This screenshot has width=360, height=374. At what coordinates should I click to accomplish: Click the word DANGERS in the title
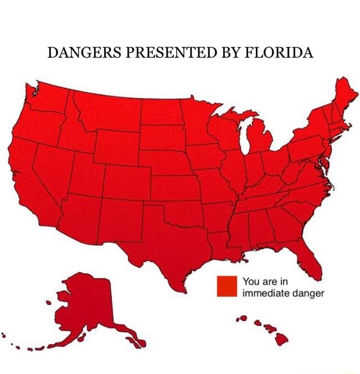coord(81,54)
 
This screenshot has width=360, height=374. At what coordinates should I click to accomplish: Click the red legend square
coord(227,286)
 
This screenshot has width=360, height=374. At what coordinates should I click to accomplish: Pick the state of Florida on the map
coord(308,257)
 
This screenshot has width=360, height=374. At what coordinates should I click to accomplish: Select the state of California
coord(28,175)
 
